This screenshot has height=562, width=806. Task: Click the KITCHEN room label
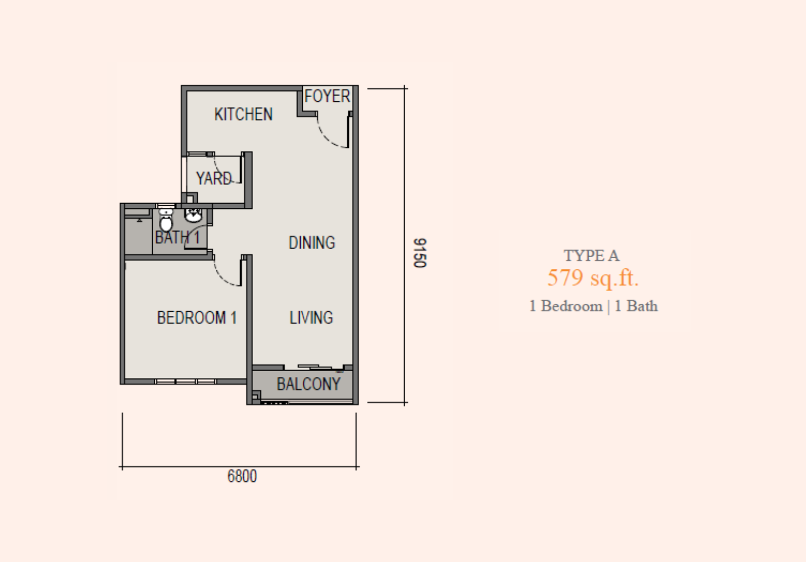coord(243,115)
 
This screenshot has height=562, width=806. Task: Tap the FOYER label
coord(327,96)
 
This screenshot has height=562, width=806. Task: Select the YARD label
coord(214,179)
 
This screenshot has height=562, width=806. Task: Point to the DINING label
coord(312,243)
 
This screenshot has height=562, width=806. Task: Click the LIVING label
coord(311,318)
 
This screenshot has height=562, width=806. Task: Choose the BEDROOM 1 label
coord(197,318)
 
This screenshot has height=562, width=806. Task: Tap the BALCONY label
coord(309,384)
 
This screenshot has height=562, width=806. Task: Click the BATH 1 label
coord(178,238)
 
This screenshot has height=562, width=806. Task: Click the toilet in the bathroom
coord(166,219)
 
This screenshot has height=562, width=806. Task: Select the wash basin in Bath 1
coord(193,215)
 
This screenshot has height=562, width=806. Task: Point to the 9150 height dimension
coord(419,253)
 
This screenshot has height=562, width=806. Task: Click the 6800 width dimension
coord(242,476)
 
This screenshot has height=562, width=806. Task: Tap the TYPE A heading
coord(592,256)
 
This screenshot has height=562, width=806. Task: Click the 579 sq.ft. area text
coord(593,278)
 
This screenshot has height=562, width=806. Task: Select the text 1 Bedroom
coord(566,306)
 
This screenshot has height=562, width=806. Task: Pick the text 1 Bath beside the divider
coord(636,306)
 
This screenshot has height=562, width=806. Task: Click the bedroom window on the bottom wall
coord(186,381)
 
